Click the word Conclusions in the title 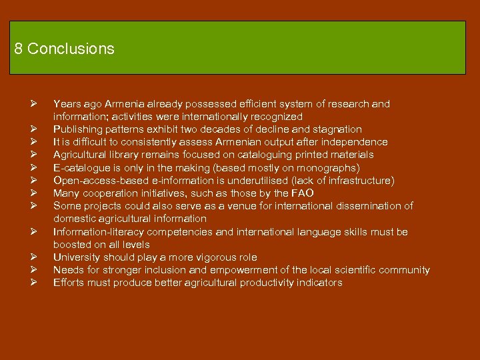coord(71,49)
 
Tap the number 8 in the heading coord(18,49)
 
